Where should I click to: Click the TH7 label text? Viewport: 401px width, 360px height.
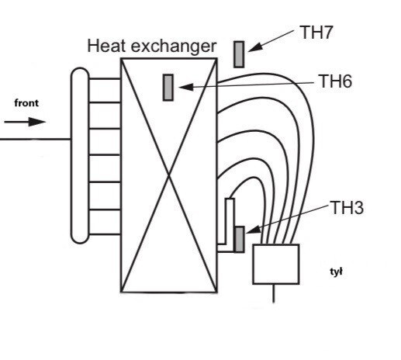point(316,33)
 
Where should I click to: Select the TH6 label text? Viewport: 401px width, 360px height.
point(335,81)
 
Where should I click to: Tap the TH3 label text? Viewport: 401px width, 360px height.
point(347,208)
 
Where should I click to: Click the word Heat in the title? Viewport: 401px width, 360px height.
point(107,46)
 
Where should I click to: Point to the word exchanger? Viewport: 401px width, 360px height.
point(174,47)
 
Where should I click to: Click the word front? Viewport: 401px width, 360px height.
point(26,103)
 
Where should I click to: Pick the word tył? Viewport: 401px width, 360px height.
point(336,272)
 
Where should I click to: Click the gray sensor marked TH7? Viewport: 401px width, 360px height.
point(239,54)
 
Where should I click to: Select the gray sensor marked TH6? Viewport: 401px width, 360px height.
point(168,88)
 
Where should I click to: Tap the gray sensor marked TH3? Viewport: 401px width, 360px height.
point(239,240)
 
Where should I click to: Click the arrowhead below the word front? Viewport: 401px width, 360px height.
point(37,122)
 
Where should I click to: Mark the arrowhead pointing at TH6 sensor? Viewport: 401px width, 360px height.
point(186,87)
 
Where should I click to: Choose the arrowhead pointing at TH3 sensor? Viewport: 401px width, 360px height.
point(254,230)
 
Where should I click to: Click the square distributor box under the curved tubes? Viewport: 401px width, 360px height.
point(276,264)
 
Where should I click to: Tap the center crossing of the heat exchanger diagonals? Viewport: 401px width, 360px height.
point(169,175)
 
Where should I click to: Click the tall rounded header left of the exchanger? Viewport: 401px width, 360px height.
point(80,156)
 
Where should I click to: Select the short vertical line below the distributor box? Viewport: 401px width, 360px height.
point(274,293)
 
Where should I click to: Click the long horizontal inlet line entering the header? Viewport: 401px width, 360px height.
point(36,139)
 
